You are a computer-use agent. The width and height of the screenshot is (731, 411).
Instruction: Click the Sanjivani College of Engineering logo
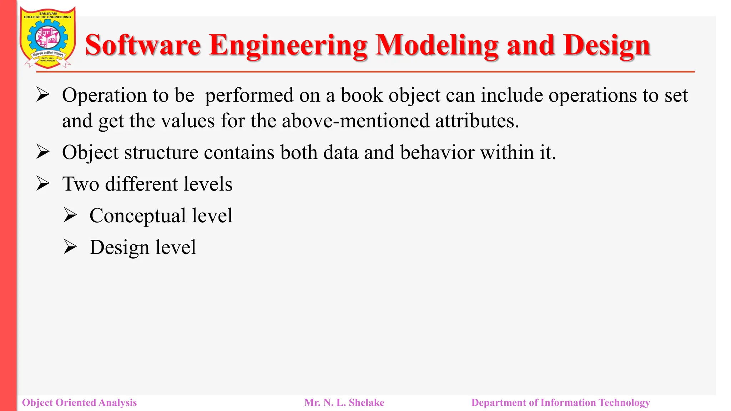pos(47,37)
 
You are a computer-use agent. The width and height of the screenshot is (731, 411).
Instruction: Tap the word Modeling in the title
pos(437,45)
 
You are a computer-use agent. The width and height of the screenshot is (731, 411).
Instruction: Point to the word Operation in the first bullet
pos(104,96)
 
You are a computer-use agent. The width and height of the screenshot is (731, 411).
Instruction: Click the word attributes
pos(477,121)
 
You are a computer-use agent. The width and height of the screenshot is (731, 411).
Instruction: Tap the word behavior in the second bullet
pos(437,153)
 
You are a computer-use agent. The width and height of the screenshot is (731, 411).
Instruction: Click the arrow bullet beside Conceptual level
pos(70,215)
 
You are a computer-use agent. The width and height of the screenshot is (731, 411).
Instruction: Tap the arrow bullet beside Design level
pos(70,247)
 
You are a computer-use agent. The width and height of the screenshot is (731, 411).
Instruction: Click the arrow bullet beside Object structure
pos(43,152)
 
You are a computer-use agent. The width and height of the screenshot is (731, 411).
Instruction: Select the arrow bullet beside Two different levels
pos(43,184)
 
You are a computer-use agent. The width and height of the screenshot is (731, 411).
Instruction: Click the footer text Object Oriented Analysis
pos(79,402)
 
